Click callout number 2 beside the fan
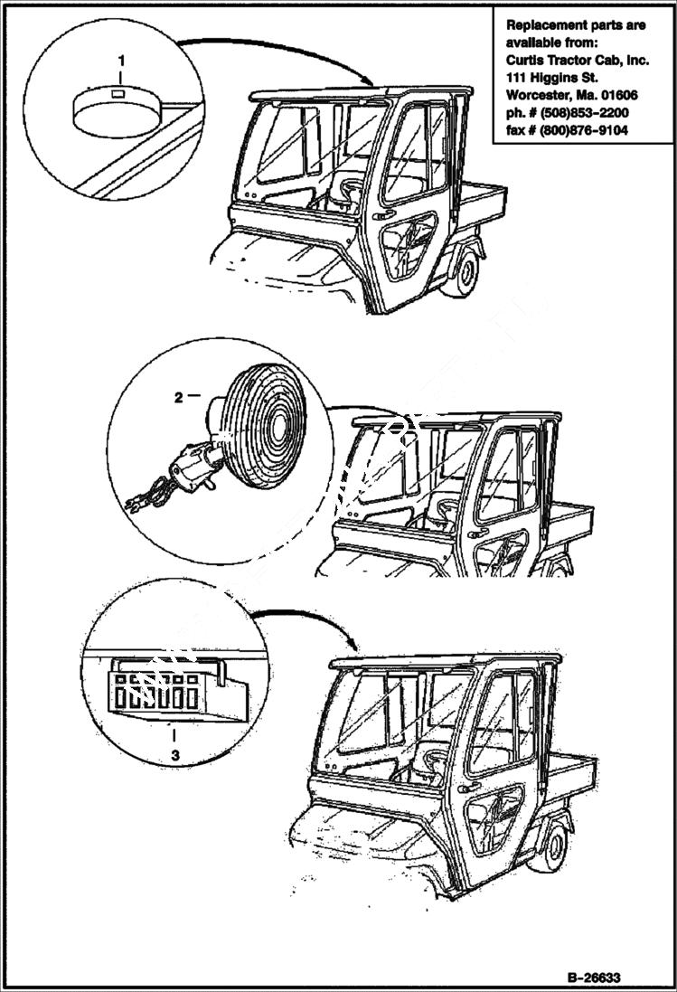[179, 396]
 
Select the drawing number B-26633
[595, 978]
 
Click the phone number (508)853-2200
[584, 112]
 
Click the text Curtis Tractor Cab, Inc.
[575, 60]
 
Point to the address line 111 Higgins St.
[550, 78]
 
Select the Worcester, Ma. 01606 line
[573, 95]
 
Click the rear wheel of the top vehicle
[464, 272]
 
